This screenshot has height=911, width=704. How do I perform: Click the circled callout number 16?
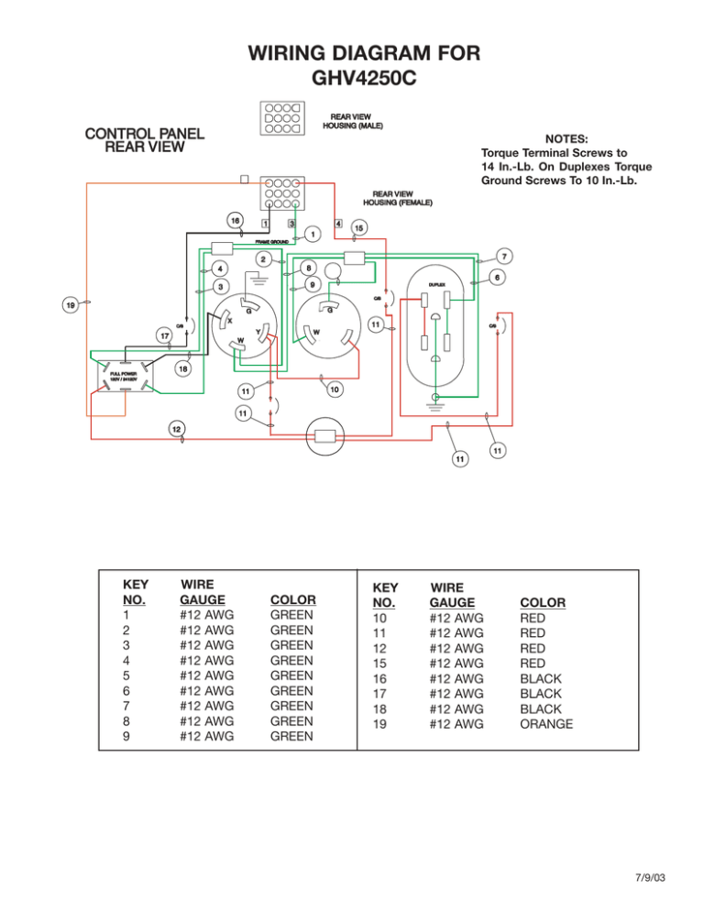pos(236,222)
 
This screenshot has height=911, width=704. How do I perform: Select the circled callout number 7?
pos(505,255)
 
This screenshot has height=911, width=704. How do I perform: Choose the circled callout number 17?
pos(162,335)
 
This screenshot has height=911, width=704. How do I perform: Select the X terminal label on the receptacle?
pos(229,323)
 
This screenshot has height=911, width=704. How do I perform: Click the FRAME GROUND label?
pos(271,242)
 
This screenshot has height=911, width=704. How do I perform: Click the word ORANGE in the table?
pos(546,724)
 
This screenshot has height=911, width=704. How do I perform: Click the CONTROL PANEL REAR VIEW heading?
pos(144,139)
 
